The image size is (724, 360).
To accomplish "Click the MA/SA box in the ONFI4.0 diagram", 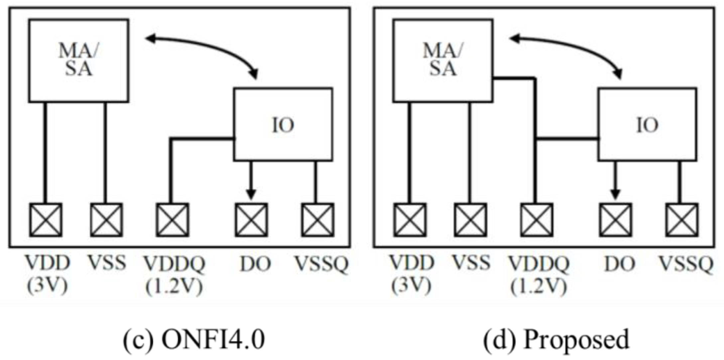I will [78, 60].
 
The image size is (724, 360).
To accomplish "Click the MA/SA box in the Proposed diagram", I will [442, 60].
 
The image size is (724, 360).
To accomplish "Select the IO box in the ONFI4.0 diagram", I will [283, 125].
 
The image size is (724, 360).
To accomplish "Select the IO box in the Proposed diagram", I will [647, 125].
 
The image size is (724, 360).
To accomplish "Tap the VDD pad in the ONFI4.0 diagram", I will [46, 220].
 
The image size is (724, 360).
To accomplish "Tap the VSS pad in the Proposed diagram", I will [470, 220].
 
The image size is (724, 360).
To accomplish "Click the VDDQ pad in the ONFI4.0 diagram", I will [172, 220].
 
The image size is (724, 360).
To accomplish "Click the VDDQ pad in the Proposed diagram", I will [537, 220].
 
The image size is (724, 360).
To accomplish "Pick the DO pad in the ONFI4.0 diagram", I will [251, 220].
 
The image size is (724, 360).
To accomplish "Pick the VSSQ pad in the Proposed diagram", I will [681, 220].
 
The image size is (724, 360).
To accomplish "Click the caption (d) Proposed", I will [556, 340].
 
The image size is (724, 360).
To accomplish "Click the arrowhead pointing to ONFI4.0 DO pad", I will [251, 194].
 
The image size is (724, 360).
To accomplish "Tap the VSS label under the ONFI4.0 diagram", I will [107, 263].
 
